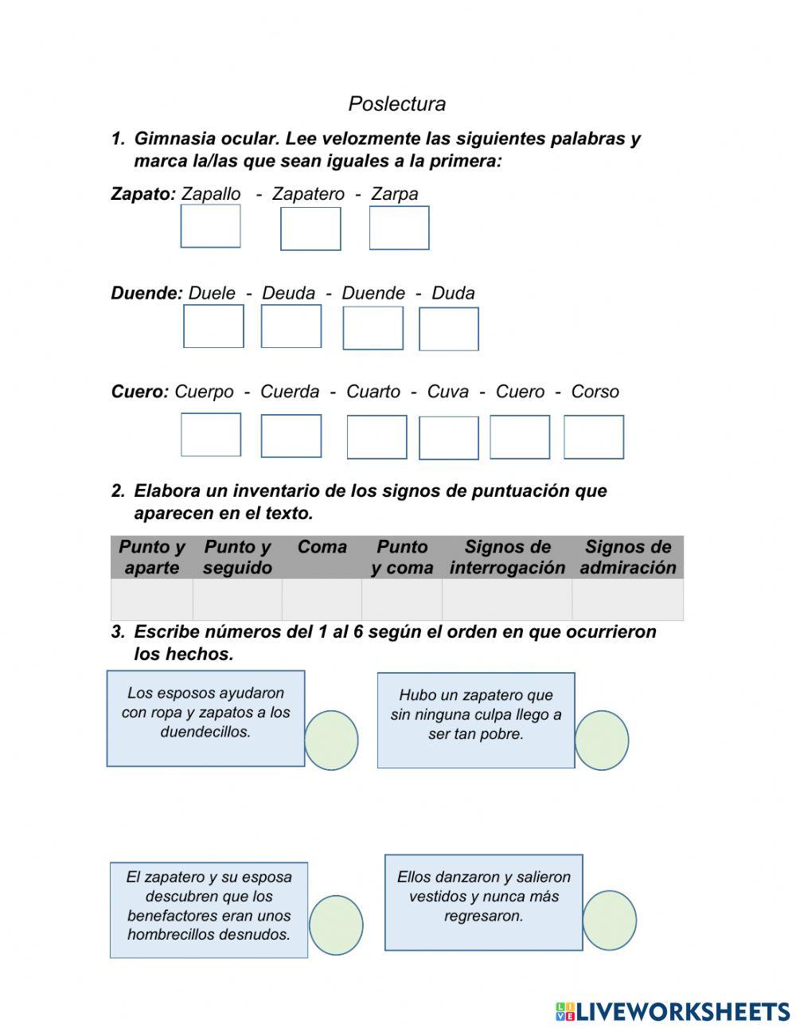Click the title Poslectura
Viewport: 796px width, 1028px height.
click(396, 104)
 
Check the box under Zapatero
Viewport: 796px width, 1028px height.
click(310, 229)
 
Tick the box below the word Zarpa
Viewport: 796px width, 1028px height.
click(399, 228)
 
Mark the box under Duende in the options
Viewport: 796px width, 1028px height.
click(373, 328)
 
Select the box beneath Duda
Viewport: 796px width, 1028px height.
click(449, 329)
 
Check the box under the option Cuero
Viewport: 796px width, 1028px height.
click(520, 437)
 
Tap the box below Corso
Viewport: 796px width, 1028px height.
click(594, 437)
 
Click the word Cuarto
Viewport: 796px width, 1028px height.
click(373, 392)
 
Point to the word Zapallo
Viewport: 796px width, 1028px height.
click(211, 193)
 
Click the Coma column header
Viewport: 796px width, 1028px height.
click(322, 547)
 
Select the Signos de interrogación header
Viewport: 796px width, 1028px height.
click(507, 557)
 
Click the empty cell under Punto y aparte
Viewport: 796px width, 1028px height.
click(152, 600)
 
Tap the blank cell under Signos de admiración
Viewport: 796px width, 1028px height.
click(627, 600)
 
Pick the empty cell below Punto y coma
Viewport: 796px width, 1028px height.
click(402, 600)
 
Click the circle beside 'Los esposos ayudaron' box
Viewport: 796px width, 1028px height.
click(331, 741)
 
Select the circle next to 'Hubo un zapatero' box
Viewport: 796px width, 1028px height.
click(602, 741)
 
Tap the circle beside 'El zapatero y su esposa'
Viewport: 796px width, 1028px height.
click(336, 925)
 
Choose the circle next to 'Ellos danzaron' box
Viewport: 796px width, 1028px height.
click(610, 921)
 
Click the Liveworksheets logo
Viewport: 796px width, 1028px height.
click(673, 1011)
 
